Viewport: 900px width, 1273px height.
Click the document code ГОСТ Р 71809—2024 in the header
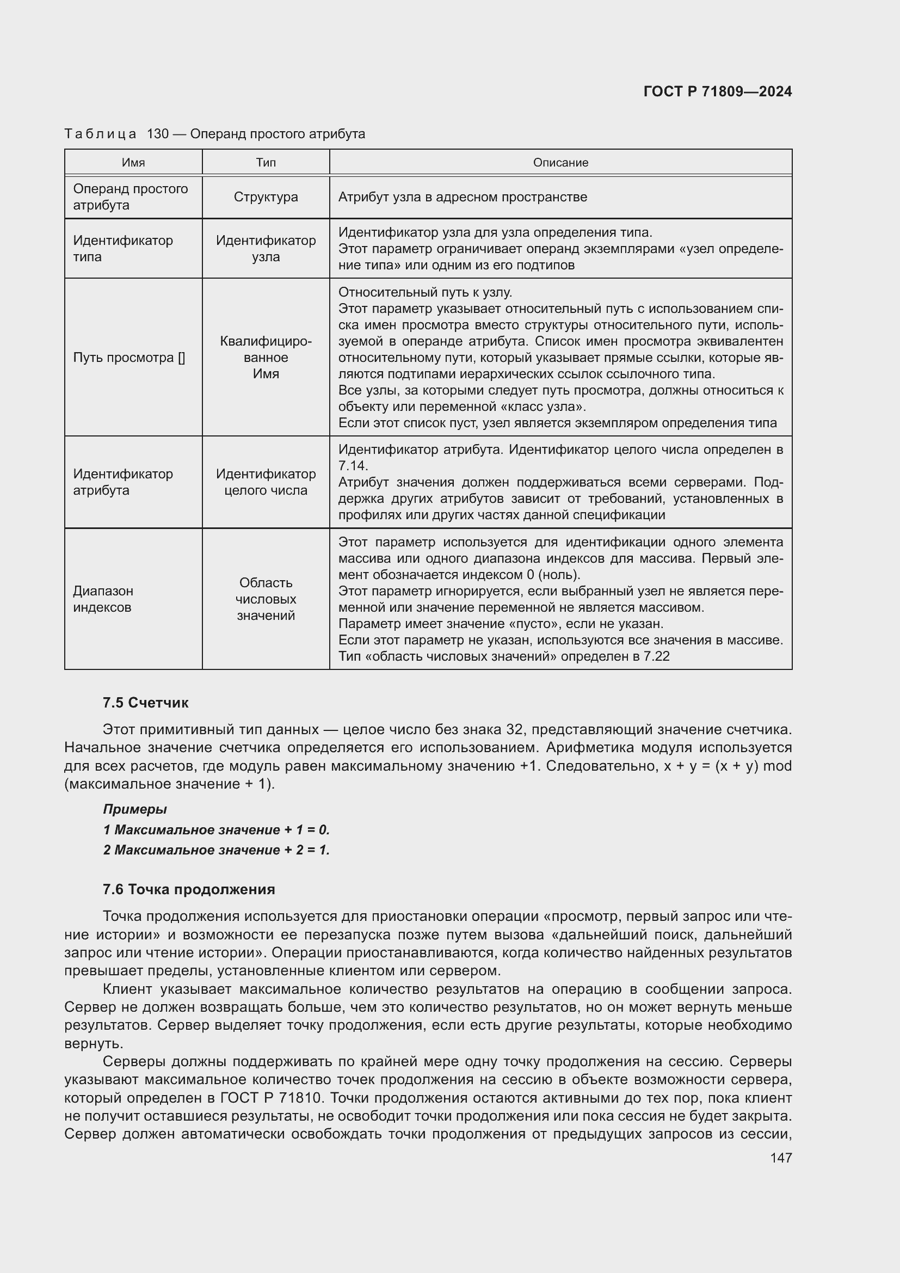(x=717, y=92)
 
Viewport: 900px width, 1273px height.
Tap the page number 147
(x=781, y=1158)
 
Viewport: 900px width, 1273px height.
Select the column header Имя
(x=133, y=162)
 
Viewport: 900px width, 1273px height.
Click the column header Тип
(x=266, y=162)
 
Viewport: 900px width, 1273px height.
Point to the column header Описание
(x=560, y=162)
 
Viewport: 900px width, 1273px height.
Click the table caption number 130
(x=158, y=134)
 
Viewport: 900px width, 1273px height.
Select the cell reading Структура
(x=266, y=197)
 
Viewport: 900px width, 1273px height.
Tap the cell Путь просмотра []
(x=128, y=358)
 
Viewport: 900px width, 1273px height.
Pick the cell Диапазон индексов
(x=103, y=599)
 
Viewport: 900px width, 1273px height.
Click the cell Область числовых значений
(x=266, y=599)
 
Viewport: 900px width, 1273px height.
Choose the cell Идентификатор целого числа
(x=266, y=482)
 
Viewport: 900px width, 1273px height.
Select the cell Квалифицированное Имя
(x=266, y=358)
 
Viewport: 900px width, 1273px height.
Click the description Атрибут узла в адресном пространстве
(x=462, y=197)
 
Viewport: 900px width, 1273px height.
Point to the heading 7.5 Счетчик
(x=145, y=703)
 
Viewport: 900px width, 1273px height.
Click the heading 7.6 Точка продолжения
(x=188, y=889)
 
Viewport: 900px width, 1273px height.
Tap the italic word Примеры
(x=134, y=809)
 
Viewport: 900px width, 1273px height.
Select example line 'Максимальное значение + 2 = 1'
(x=216, y=850)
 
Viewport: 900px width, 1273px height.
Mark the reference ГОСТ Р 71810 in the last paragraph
(x=270, y=1098)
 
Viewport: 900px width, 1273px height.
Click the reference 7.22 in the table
(x=657, y=656)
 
